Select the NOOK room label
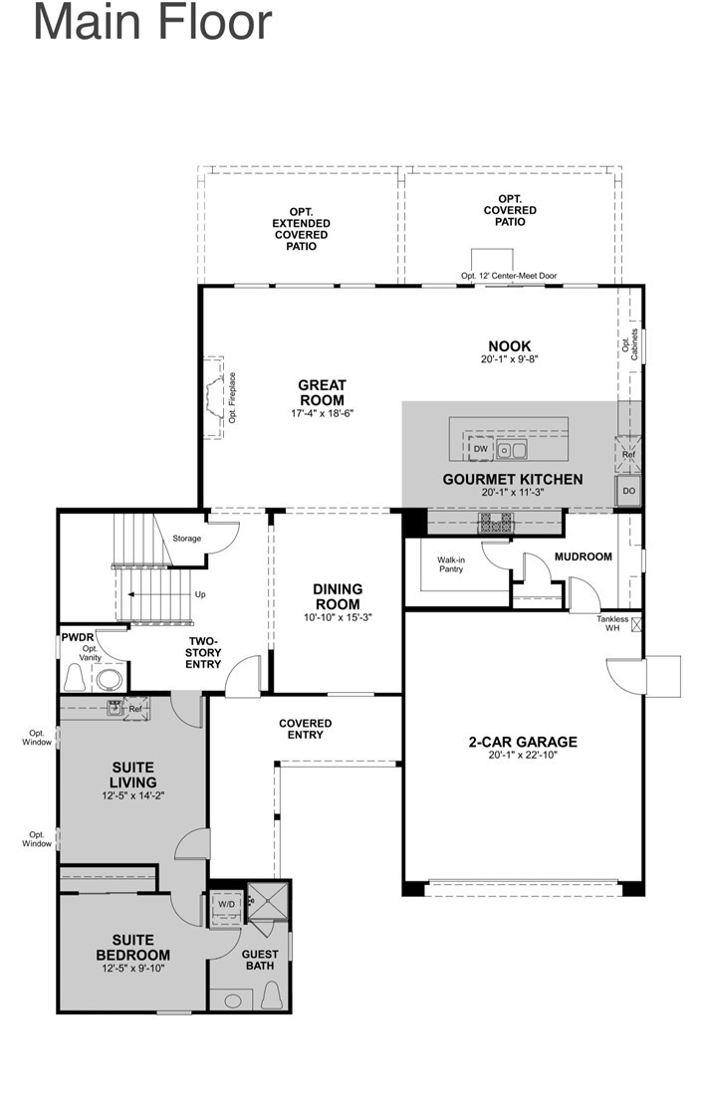pyautogui.click(x=508, y=346)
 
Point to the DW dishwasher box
pyautogui.click(x=480, y=450)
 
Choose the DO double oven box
pyautogui.click(x=629, y=491)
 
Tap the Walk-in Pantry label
pyautogui.click(x=451, y=564)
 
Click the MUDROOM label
pyautogui.click(x=584, y=556)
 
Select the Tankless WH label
pyautogui.click(x=612, y=624)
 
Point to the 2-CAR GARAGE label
pyautogui.click(x=523, y=742)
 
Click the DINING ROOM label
pyautogui.click(x=339, y=596)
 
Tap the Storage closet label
pyautogui.click(x=186, y=539)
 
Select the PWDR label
pyautogui.click(x=78, y=635)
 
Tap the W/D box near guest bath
pyautogui.click(x=227, y=906)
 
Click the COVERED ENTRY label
pyautogui.click(x=306, y=729)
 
